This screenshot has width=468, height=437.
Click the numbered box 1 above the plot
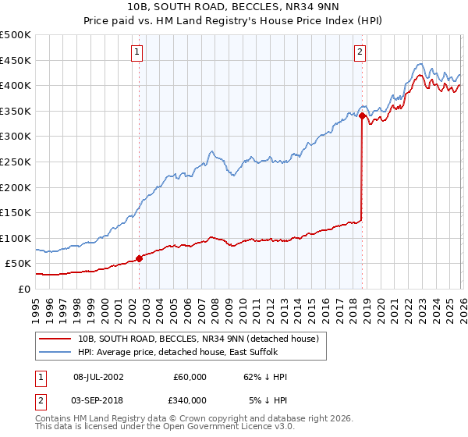click(x=136, y=52)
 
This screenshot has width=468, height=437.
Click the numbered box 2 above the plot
click(x=360, y=52)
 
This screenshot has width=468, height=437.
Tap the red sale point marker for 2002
click(x=139, y=258)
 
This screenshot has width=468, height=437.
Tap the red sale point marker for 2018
click(x=363, y=115)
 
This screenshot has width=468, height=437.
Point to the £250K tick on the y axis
click(x=16, y=162)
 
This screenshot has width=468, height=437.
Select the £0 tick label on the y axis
click(x=23, y=289)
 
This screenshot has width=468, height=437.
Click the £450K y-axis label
click(x=16, y=60)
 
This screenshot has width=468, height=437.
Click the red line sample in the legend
click(x=55, y=339)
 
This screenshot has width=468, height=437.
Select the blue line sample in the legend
click(x=55, y=353)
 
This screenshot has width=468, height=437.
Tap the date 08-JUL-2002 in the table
click(x=97, y=377)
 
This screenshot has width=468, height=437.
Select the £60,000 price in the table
click(x=190, y=377)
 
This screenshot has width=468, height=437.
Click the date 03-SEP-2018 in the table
click(x=97, y=400)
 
